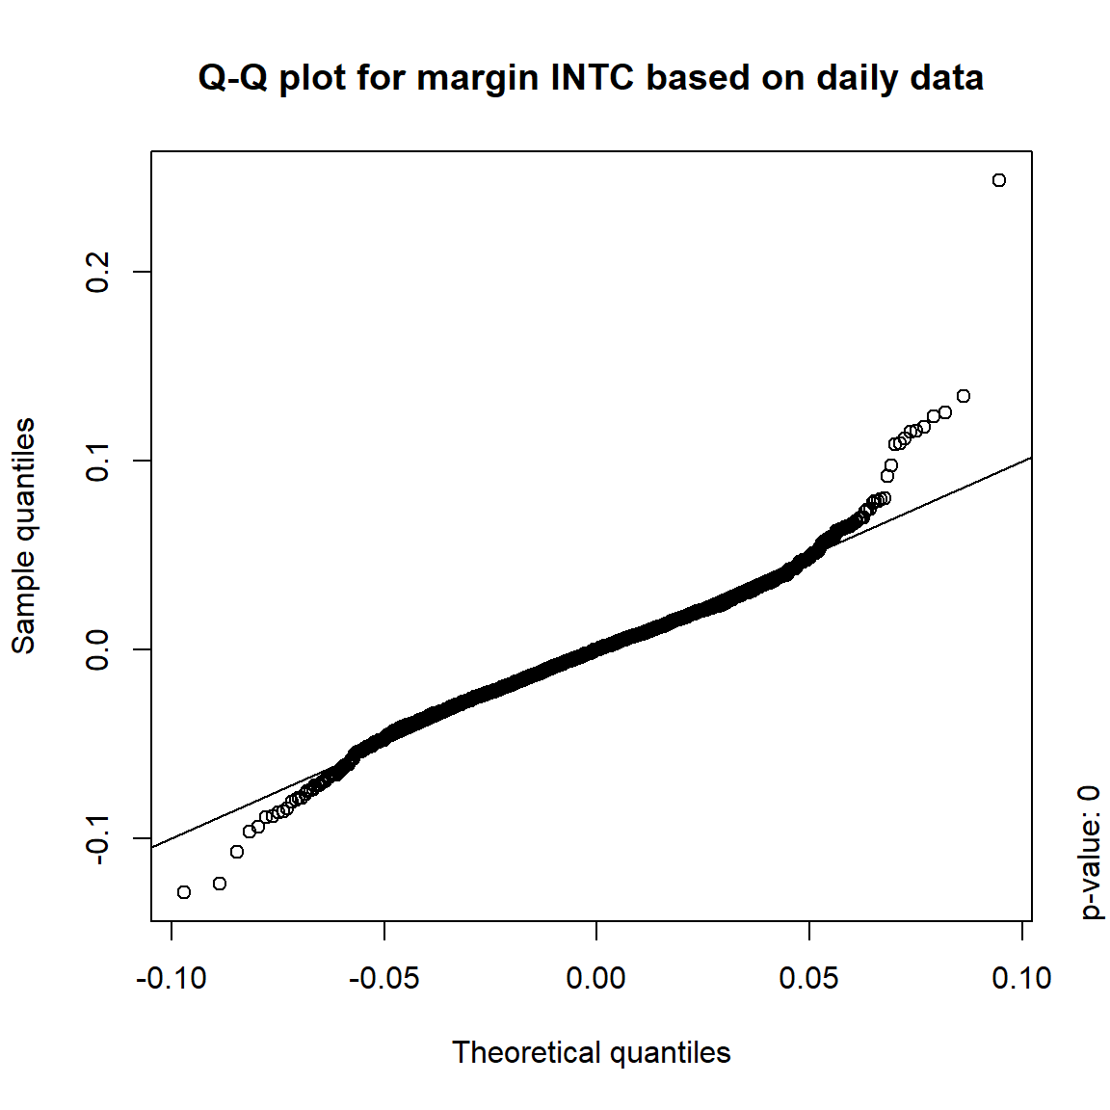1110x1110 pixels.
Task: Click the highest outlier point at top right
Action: pos(999,180)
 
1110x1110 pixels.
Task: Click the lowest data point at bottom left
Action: pos(184,892)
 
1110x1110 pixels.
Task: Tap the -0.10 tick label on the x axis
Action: pos(172,979)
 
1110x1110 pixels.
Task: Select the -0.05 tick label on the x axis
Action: pos(383,979)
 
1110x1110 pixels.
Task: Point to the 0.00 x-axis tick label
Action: pos(596,979)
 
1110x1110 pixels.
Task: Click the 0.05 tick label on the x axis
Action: pos(809,979)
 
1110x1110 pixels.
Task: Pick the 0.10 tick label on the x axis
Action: pos(1021,979)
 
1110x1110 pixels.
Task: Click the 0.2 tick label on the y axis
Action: pos(98,272)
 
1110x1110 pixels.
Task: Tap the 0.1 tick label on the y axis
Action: pos(98,461)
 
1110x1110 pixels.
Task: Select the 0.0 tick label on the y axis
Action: pos(98,649)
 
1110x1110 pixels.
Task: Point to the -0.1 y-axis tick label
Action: pos(98,838)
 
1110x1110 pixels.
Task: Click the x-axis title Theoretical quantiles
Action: pos(591,1052)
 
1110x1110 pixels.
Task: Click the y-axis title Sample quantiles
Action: pos(24,536)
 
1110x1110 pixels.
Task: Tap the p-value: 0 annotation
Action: pos(1089,853)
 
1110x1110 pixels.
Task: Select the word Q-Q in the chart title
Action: pos(234,78)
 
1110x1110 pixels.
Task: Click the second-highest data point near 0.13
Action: pos(964,396)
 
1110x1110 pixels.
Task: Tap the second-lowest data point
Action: pos(220,884)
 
